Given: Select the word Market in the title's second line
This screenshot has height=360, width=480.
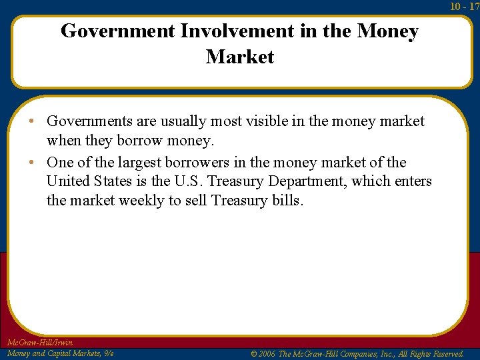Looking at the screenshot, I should click(x=240, y=57).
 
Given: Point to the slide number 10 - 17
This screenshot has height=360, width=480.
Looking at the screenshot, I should click(x=465, y=6).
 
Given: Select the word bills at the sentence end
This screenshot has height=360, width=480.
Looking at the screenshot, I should click(x=287, y=201).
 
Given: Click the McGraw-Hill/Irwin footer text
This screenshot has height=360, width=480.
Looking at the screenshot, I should click(x=39, y=343).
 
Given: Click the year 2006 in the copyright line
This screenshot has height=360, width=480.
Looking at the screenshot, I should click(x=266, y=353).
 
